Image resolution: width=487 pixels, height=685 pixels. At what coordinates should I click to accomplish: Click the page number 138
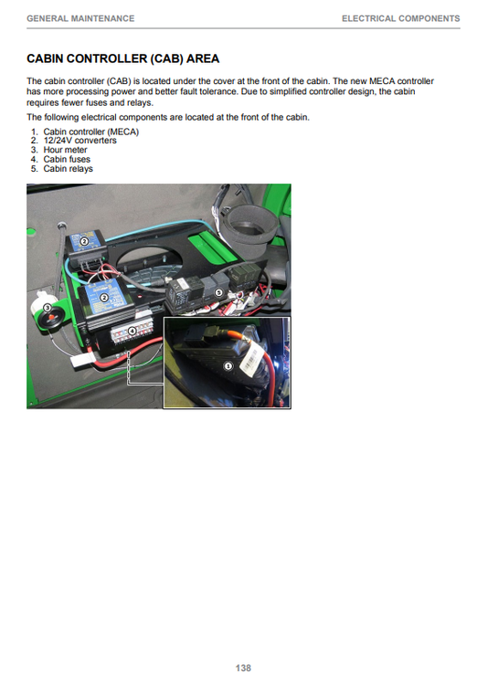pos(243,668)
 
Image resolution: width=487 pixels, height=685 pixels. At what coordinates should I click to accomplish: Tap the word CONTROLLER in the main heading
pos(105,58)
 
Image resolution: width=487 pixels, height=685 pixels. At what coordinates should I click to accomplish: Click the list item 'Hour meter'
pos(65,150)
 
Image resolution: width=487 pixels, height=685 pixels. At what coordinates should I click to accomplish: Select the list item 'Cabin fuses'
pos(67,160)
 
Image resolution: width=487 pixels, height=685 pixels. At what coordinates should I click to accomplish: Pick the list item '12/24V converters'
pos(80,141)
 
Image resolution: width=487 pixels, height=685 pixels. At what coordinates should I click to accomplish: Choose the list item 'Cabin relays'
pos(69,169)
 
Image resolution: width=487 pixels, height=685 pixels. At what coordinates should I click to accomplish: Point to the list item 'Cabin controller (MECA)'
pos(91,132)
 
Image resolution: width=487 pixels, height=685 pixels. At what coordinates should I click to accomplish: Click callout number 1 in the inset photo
pos(228,366)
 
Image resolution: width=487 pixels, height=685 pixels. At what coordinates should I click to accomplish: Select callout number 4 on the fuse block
pos(132,331)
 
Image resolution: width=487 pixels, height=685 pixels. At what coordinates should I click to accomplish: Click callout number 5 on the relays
pos(218,292)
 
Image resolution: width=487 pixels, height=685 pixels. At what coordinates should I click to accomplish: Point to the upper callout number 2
pos(85,241)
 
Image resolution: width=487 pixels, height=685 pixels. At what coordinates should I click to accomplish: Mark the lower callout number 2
pos(104,298)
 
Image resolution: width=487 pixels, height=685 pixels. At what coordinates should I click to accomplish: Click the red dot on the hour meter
pos(51,318)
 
